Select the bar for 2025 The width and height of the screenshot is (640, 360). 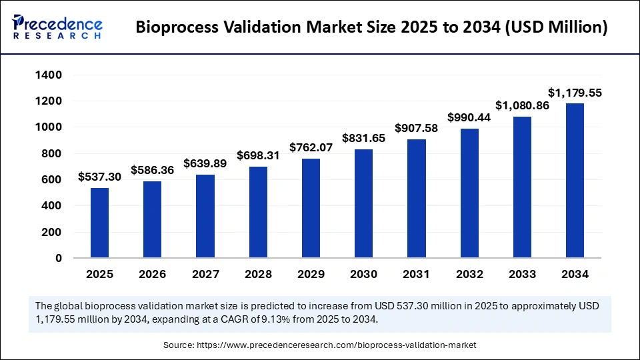(99, 223)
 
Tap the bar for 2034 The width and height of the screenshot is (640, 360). (575, 180)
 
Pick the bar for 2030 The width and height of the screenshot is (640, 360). (363, 203)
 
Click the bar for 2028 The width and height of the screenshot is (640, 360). (258, 212)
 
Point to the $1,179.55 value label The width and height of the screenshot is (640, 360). (575, 93)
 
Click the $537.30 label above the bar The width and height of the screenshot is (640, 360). (99, 177)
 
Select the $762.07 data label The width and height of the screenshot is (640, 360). (311, 147)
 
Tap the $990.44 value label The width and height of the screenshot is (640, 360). (469, 117)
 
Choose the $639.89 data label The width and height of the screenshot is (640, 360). (205, 163)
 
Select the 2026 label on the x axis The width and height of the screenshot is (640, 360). (152, 274)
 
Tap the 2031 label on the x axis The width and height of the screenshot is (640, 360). (416, 274)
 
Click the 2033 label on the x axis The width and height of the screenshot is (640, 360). (522, 274)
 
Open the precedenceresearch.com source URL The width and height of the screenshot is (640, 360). (337, 345)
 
